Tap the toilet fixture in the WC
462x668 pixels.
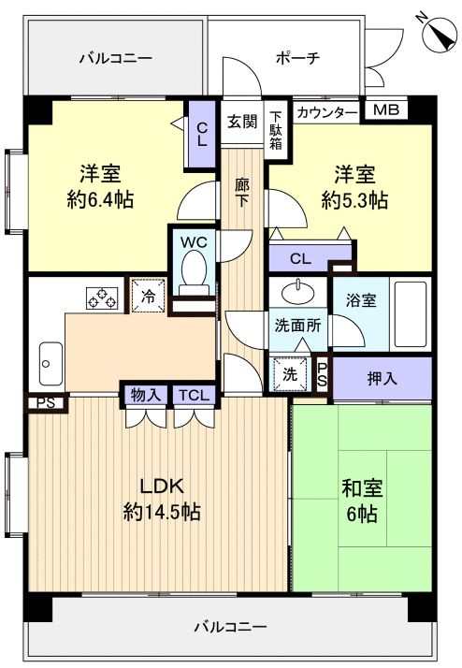click(194, 271)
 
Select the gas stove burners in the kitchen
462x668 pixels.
click(103, 297)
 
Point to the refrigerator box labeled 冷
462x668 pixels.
click(149, 295)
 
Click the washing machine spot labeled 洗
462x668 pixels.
click(291, 372)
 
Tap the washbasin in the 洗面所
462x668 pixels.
click(298, 291)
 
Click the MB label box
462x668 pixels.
click(385, 111)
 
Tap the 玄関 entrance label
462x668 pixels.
click(242, 122)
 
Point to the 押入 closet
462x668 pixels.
click(382, 378)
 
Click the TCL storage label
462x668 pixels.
click(195, 396)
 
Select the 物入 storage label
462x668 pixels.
click(145, 396)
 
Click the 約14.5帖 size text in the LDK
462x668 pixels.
click(162, 512)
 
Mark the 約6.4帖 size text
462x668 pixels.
click(101, 200)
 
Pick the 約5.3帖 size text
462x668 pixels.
click(354, 200)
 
